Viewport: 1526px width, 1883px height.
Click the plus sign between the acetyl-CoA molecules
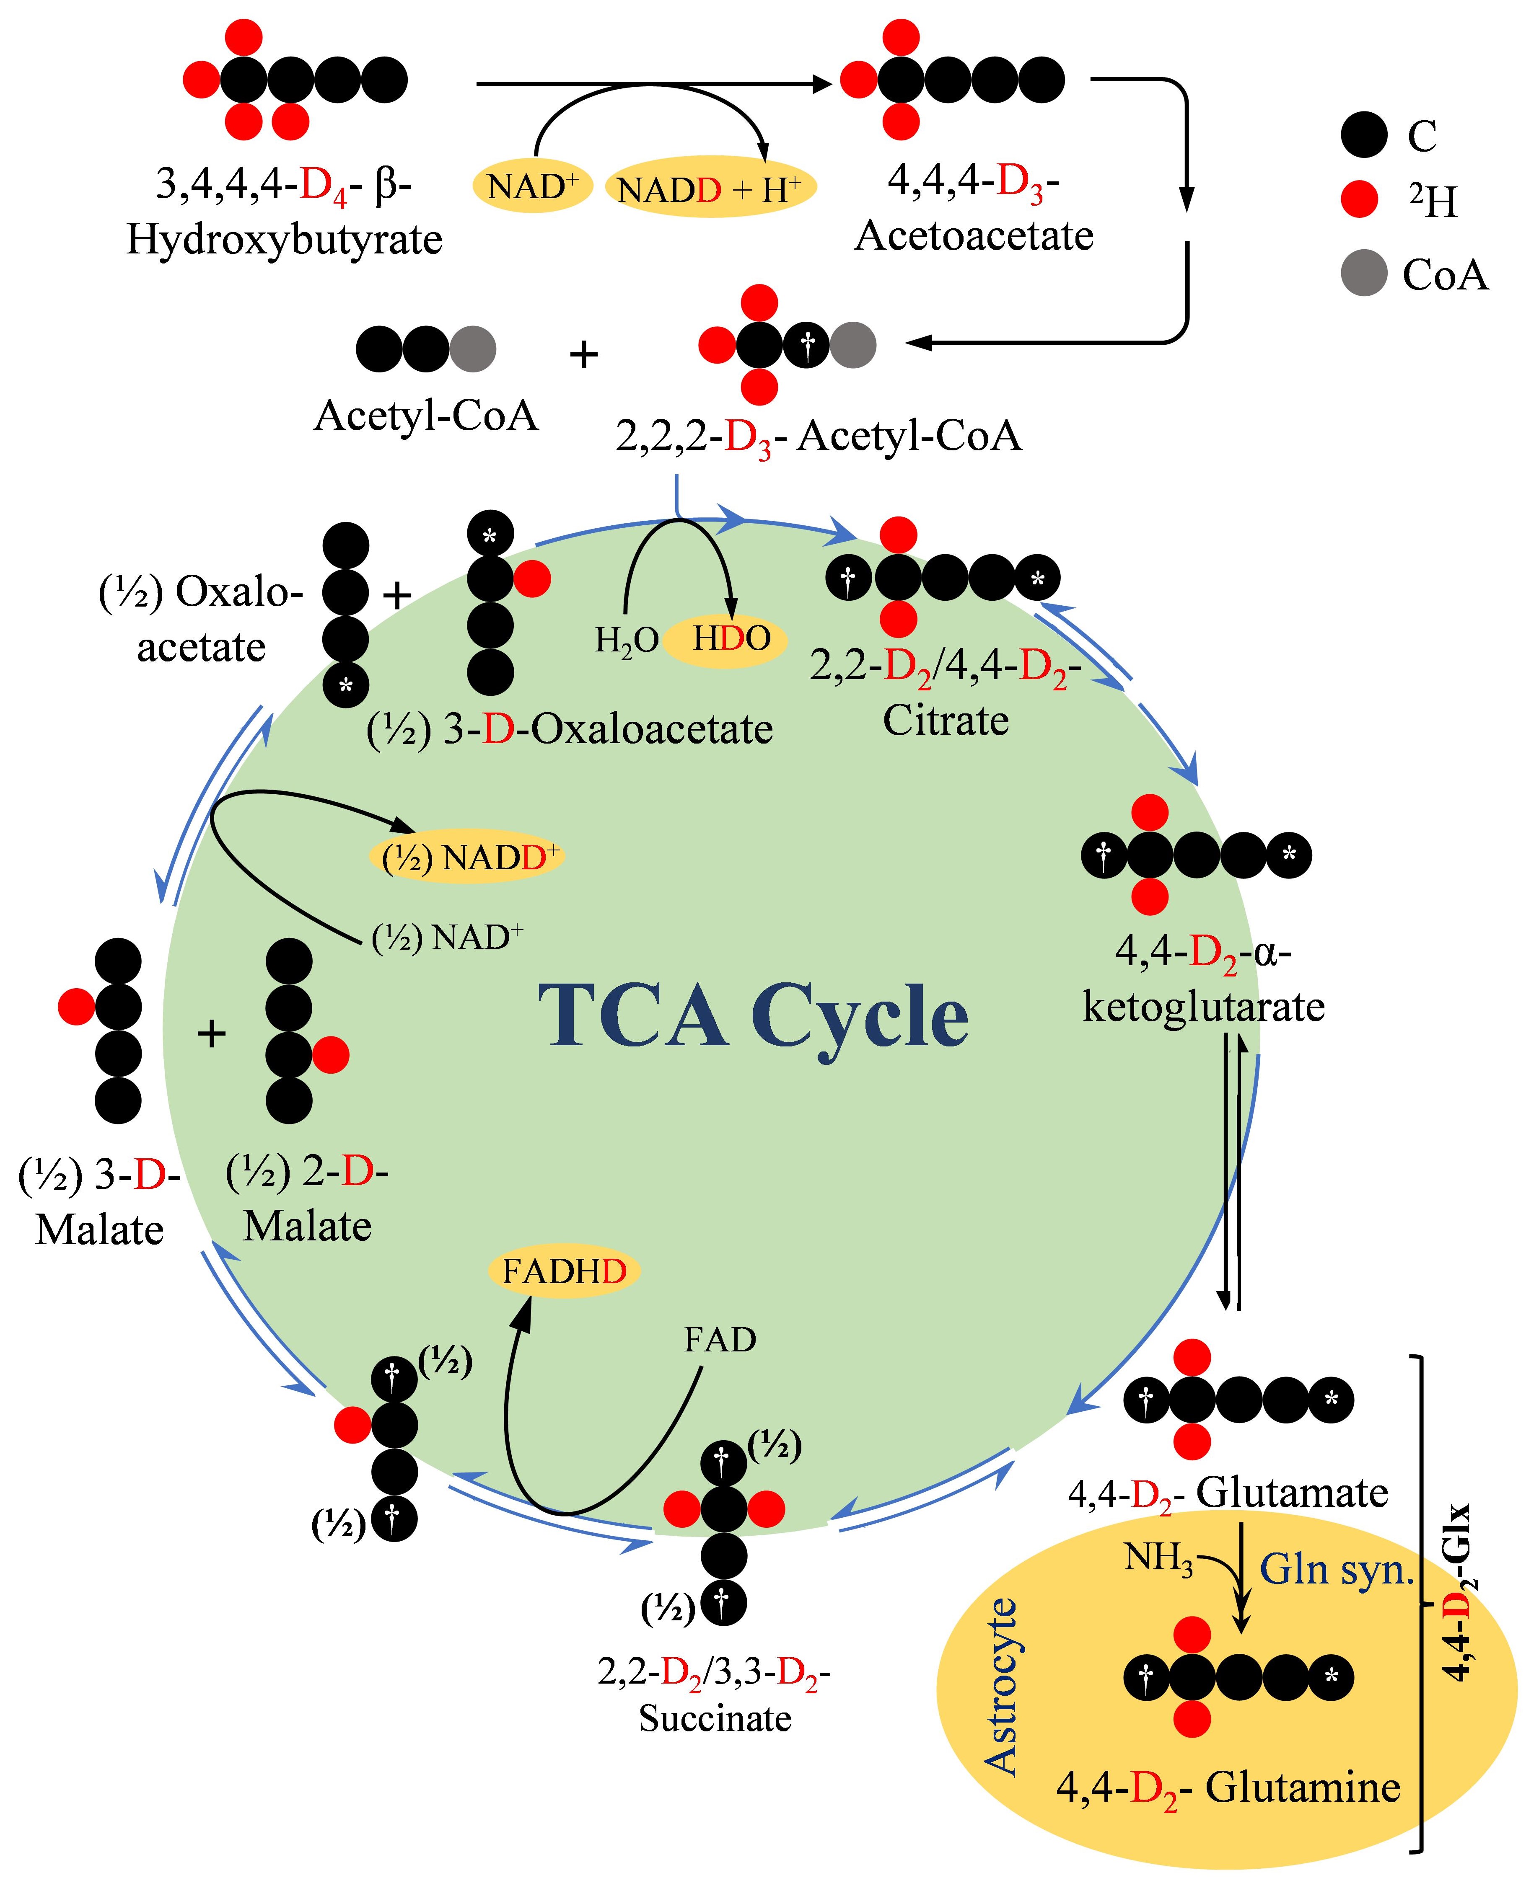[x=584, y=354]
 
